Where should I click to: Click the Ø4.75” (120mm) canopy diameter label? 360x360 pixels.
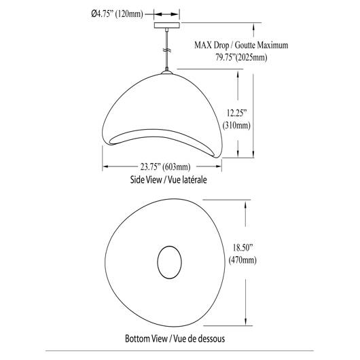[x=117, y=14]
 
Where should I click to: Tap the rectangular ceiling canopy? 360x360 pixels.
[x=167, y=25]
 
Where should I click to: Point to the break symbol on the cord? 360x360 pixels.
[x=167, y=50]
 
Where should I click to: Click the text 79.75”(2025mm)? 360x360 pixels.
[x=241, y=57]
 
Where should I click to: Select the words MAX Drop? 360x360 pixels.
[x=211, y=45]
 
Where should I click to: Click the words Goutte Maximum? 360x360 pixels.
[x=262, y=45]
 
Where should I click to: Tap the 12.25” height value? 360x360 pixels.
[x=236, y=113]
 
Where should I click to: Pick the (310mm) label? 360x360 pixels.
[x=236, y=126]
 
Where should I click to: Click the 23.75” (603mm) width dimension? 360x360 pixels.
[x=165, y=166]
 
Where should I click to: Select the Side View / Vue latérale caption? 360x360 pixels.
[x=168, y=179]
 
